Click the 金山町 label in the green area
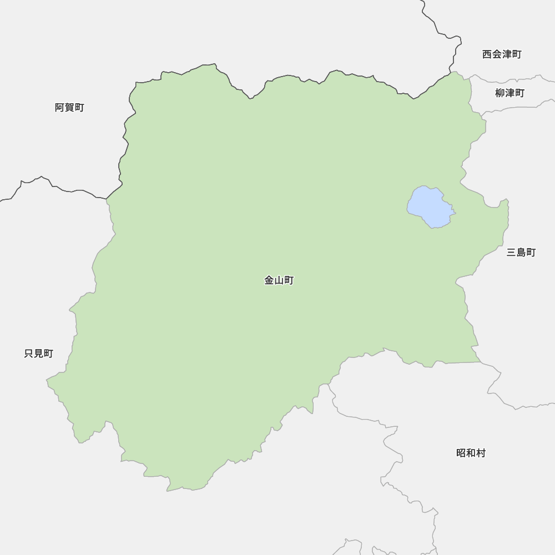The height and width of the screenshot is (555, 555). click(x=279, y=281)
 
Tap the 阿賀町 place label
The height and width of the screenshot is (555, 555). click(x=69, y=108)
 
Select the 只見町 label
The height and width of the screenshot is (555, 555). click(x=39, y=354)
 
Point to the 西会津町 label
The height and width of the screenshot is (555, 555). click(x=502, y=54)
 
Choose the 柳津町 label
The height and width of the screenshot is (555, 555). click(x=509, y=93)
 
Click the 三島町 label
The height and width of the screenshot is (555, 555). click(x=521, y=253)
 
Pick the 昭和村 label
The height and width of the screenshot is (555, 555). click(x=471, y=453)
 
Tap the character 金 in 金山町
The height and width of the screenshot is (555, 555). click(x=269, y=281)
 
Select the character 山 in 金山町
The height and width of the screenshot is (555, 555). click(x=279, y=281)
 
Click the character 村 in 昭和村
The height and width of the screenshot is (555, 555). click(x=481, y=453)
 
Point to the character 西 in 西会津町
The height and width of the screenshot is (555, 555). click(x=487, y=54)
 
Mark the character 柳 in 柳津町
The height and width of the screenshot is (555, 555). click(x=500, y=93)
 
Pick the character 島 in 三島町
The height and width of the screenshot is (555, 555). click(x=521, y=253)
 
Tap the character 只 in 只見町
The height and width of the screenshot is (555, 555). click(x=29, y=354)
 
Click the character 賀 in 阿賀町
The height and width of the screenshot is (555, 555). click(x=69, y=108)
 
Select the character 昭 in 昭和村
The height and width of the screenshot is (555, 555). click(x=461, y=453)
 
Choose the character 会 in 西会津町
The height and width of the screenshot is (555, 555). click(x=497, y=54)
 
